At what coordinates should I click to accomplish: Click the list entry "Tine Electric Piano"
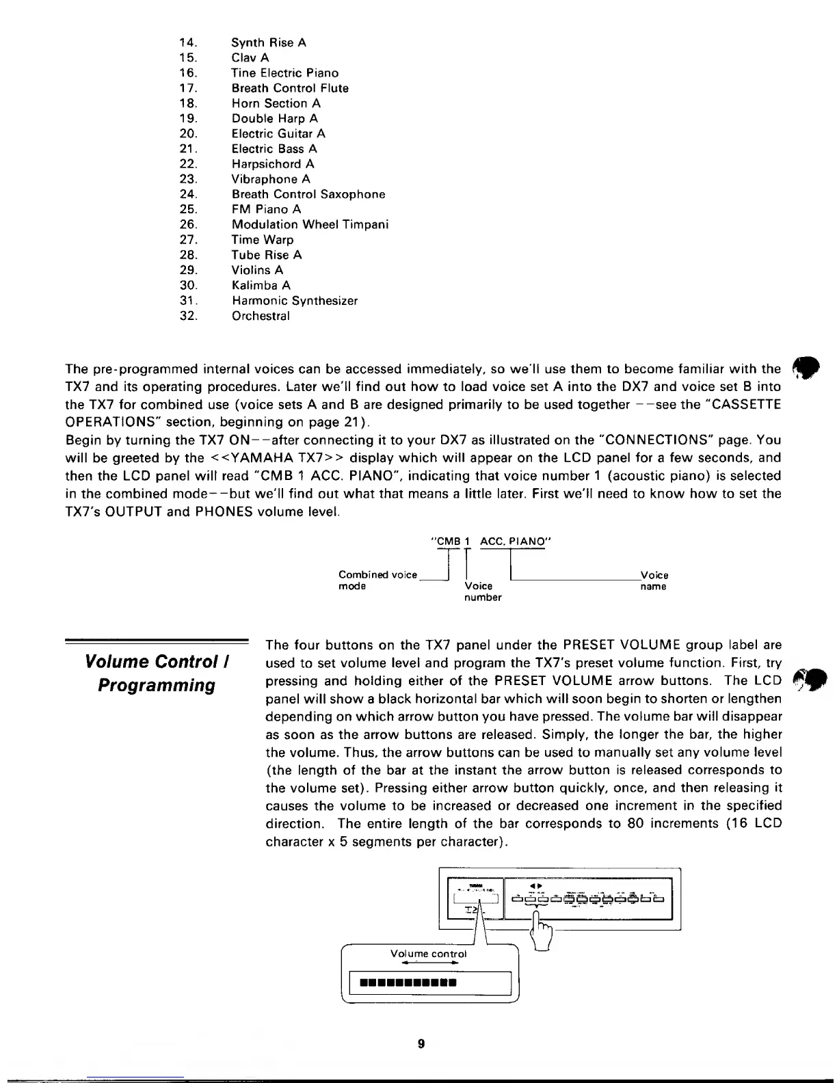point(284,73)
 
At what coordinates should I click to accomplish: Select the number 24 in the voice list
point(188,194)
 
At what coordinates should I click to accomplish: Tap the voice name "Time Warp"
point(263,240)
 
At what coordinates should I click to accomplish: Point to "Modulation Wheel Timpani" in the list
point(310,225)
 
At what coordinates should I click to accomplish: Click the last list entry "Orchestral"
point(261,316)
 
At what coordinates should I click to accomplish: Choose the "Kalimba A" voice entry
point(261,286)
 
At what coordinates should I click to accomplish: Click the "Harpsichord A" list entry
point(273,164)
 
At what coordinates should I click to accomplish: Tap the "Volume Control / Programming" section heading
point(157,673)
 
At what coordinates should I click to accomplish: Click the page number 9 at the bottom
point(421,1043)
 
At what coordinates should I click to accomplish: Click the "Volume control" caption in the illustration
point(428,954)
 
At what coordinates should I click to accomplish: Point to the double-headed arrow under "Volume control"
point(429,963)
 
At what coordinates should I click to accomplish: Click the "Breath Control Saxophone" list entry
point(308,194)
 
